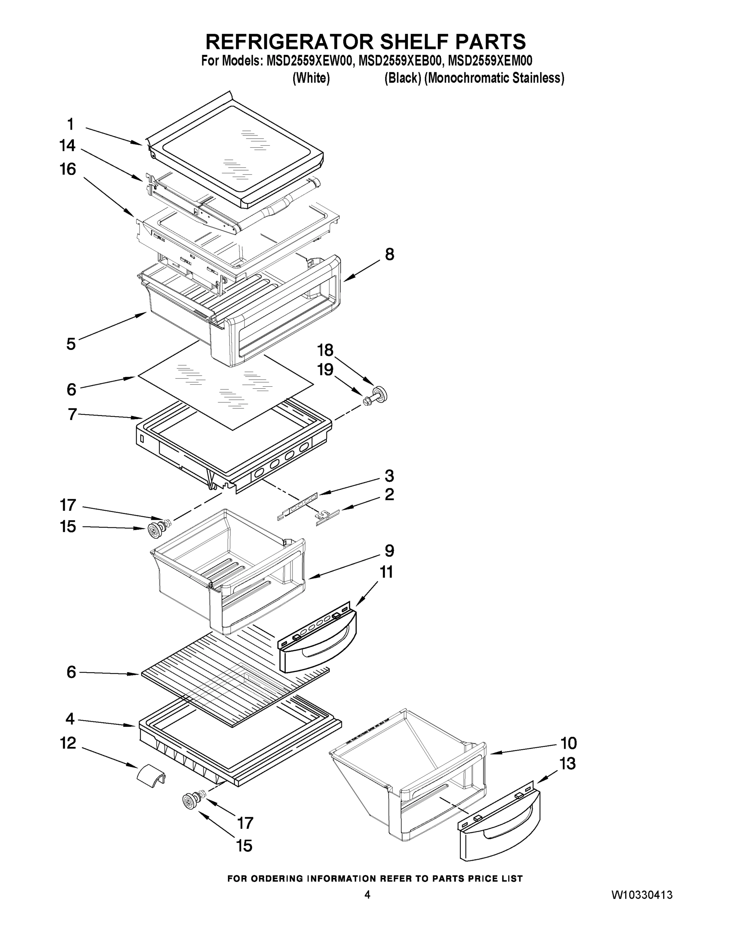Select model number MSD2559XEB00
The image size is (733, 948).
tap(400, 60)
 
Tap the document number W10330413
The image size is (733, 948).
tap(642, 895)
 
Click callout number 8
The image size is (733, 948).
tap(390, 254)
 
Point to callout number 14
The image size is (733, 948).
tap(67, 146)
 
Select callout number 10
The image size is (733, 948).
tap(569, 743)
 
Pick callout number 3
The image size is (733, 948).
tap(389, 476)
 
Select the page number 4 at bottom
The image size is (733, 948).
tap(367, 895)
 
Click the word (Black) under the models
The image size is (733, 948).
tap(402, 78)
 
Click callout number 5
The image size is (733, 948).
tap(71, 344)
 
